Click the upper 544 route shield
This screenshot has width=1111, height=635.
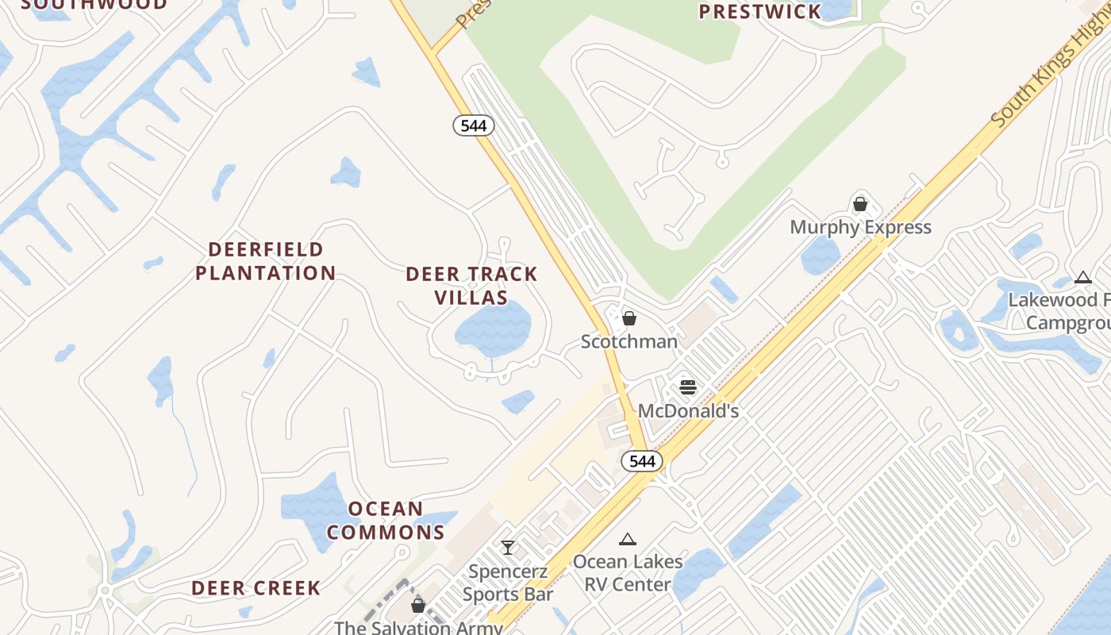coord(474,125)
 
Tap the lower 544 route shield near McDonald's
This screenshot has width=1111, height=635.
coord(641,461)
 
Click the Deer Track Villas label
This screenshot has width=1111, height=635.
coord(471,286)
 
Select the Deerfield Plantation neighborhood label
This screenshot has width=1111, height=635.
coord(266,261)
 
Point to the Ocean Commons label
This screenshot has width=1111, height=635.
coord(386,520)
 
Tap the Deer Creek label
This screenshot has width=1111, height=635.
coord(256,588)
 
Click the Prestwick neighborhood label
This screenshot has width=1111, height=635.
coord(759,11)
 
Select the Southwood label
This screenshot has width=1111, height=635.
coord(94,4)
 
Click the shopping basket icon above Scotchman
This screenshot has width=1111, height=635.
coord(629,318)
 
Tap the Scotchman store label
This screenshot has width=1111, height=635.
coord(629,341)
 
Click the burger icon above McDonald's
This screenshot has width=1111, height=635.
coord(688,387)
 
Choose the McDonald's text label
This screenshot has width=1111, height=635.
coord(688,411)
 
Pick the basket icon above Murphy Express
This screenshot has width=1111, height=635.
coord(860,204)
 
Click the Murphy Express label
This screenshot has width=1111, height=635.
coord(860,228)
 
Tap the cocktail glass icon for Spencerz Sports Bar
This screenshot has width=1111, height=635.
coord(508,547)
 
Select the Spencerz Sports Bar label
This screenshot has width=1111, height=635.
coord(508,583)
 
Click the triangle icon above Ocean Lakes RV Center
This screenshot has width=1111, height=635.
coord(628,540)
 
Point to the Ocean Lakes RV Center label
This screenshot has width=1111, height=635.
coord(628,573)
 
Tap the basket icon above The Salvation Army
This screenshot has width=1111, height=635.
coord(418,606)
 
